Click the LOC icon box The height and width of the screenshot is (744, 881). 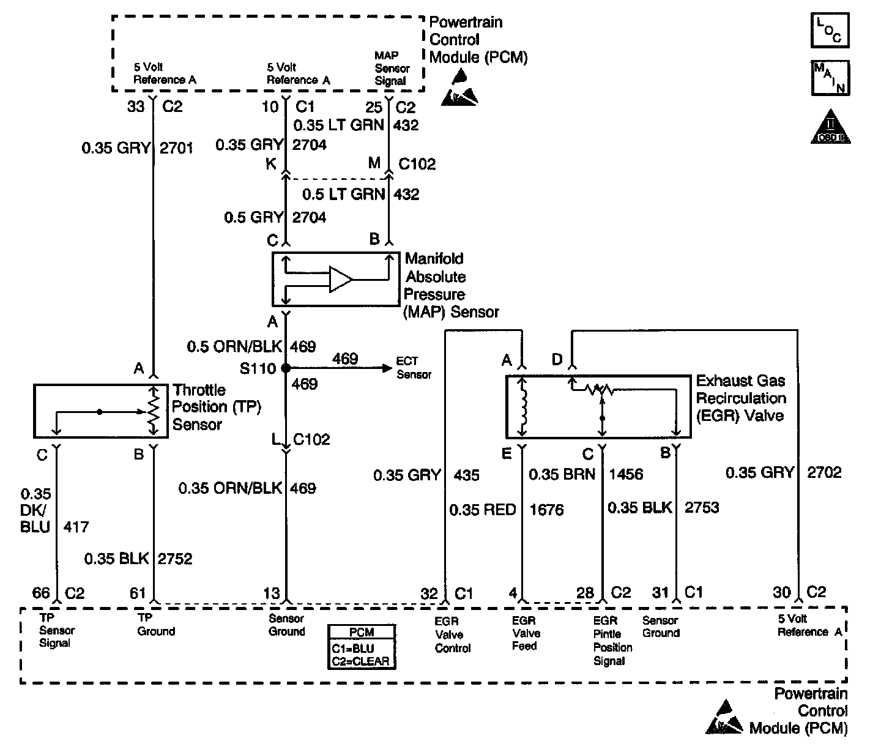pyautogui.click(x=830, y=30)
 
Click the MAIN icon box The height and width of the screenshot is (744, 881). pyautogui.click(x=830, y=78)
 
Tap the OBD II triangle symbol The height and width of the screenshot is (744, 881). pyautogui.click(x=830, y=127)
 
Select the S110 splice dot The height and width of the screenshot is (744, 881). pyautogui.click(x=286, y=368)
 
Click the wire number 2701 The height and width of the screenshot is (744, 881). pyautogui.click(x=176, y=148)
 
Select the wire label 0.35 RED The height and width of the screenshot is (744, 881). pyautogui.click(x=482, y=510)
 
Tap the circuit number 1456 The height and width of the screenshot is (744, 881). pyautogui.click(x=626, y=474)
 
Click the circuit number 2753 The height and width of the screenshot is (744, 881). pyautogui.click(x=702, y=507)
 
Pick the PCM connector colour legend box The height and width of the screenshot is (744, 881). pyautogui.click(x=362, y=647)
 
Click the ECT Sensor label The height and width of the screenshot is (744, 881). pyautogui.click(x=414, y=368)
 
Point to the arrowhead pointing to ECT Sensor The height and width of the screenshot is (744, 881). pyautogui.click(x=387, y=368)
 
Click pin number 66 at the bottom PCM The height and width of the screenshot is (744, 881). pyautogui.click(x=41, y=593)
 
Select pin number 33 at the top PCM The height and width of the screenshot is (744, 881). pyautogui.click(x=136, y=106)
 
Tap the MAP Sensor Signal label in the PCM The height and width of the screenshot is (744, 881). pyautogui.click(x=392, y=69)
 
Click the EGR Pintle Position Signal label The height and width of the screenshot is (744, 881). pyautogui.click(x=612, y=641)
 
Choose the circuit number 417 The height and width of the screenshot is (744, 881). pyautogui.click(x=76, y=527)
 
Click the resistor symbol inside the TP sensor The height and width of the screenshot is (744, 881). pyautogui.click(x=154, y=410)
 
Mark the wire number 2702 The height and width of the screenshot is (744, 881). pyautogui.click(x=824, y=472)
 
